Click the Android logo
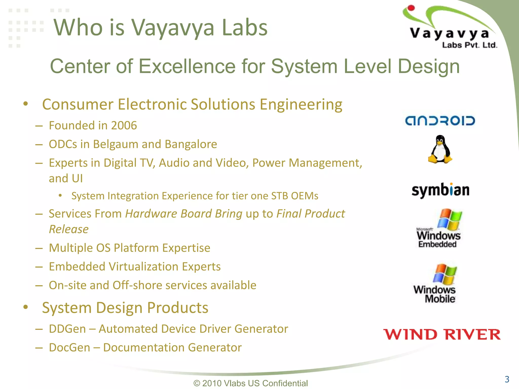[440, 121]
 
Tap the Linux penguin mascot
[440, 149]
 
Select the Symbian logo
[440, 190]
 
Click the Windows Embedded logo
[439, 228]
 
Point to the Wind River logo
[442, 335]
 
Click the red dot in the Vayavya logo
[411, 8]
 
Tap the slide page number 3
[507, 379]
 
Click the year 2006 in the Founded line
[124, 126]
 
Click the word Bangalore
[191, 144]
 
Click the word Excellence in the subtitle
[187, 66]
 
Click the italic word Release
[69, 229]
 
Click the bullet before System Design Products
[25, 307]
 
